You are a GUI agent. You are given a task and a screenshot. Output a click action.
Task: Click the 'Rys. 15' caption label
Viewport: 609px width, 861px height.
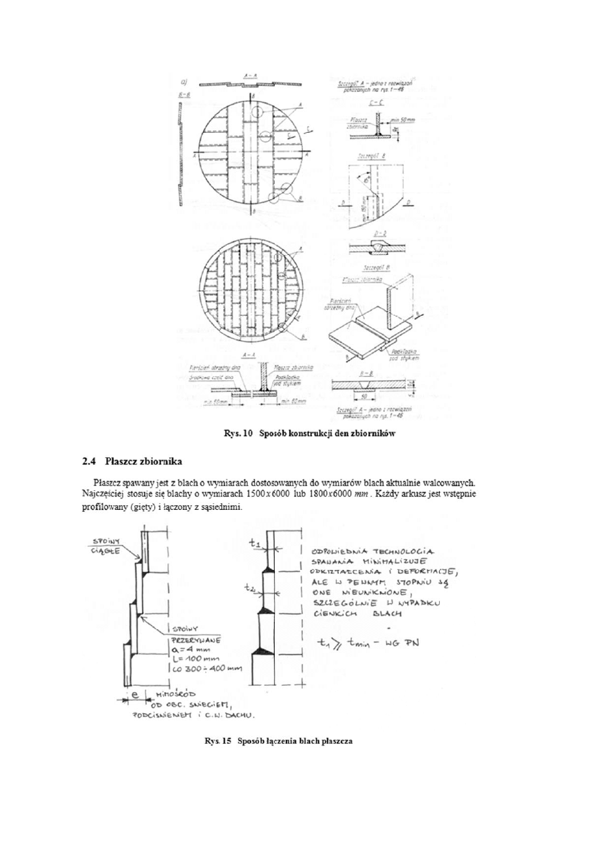pyautogui.click(x=217, y=741)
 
